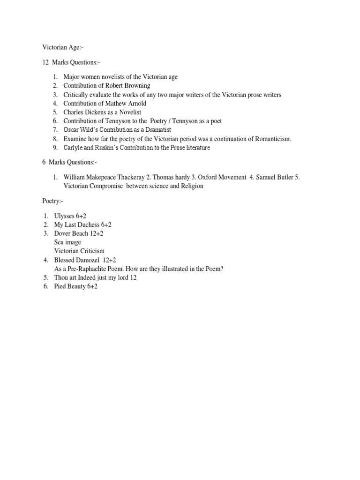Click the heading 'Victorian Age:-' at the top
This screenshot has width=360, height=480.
[x=63, y=47]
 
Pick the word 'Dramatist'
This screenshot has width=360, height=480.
[x=156, y=130]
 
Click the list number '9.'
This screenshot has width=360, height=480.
[x=55, y=148]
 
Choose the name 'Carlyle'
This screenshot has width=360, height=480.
[x=74, y=148]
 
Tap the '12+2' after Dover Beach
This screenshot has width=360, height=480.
[x=97, y=233]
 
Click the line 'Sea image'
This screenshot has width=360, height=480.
[x=67, y=242]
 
